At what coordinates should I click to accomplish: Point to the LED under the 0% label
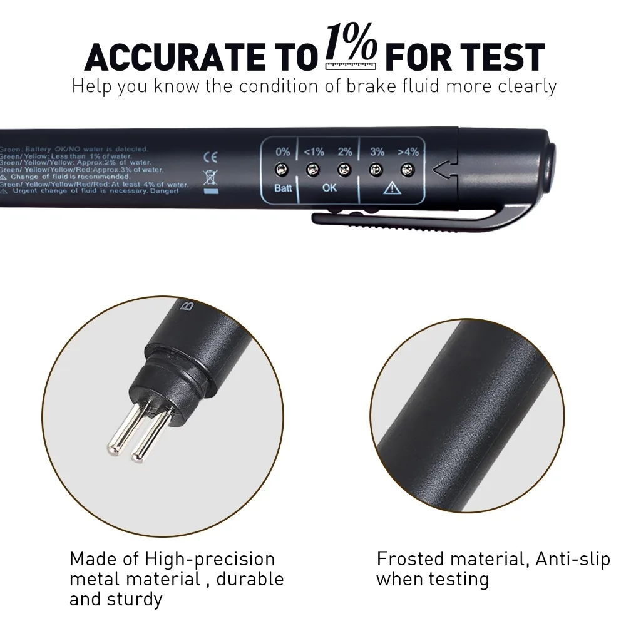(x=282, y=169)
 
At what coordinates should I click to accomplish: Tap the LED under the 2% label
(x=344, y=169)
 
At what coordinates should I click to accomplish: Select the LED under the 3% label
(x=376, y=169)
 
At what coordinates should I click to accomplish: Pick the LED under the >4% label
(x=408, y=169)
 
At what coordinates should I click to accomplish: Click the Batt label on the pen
(x=283, y=188)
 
